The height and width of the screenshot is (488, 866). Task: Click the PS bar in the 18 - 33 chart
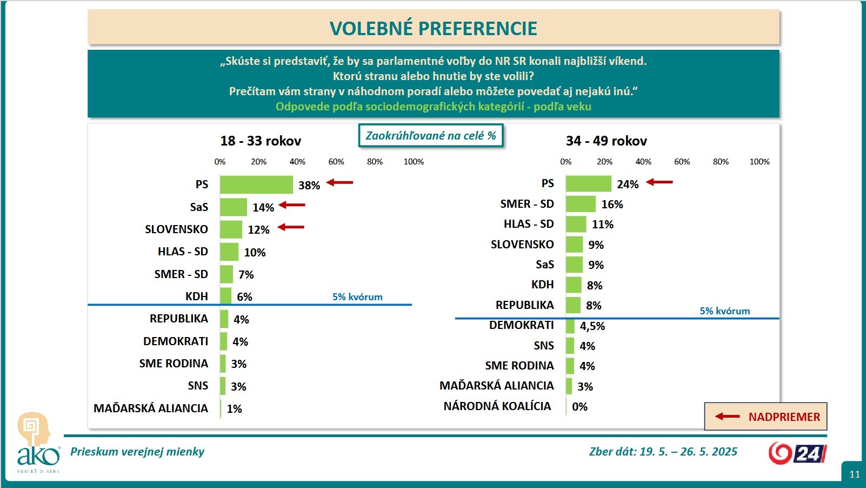point(256,184)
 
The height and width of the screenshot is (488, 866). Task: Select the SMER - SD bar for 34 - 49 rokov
point(581,204)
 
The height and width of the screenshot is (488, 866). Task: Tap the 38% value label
point(309,186)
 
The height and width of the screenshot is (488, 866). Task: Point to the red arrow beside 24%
point(660,182)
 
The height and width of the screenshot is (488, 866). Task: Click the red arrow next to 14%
point(292,205)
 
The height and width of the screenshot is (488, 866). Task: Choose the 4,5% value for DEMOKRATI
point(592,326)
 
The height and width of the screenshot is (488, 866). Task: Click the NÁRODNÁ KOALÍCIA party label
point(497,406)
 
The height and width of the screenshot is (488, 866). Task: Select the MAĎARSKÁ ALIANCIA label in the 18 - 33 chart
point(151,408)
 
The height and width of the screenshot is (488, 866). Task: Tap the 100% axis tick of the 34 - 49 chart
point(760,162)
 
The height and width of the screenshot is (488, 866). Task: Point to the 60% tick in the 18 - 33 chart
point(336,162)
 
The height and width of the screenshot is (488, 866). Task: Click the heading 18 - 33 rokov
point(261,141)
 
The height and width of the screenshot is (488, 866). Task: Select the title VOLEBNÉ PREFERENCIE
point(434,29)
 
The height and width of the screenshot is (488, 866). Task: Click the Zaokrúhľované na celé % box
point(431,136)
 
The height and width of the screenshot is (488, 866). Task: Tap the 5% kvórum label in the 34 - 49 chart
point(725,311)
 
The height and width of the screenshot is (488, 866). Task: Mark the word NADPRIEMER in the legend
point(784,417)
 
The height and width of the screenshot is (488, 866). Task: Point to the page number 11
point(855,474)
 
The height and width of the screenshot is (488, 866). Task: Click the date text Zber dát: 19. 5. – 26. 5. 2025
point(663,452)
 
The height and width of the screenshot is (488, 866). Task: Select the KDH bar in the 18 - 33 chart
point(225,296)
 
